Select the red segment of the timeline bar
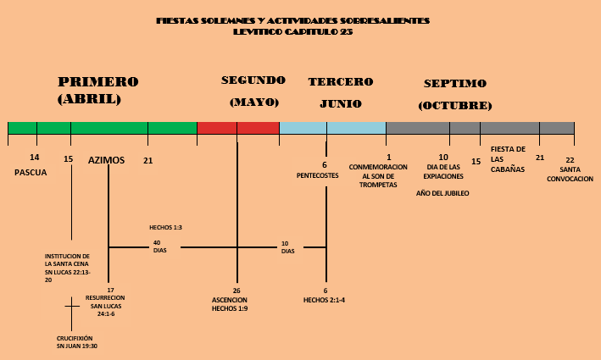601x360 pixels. pyautogui.click(x=237, y=128)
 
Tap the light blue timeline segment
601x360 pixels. pyautogui.click(x=332, y=128)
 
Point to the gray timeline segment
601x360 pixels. pyautogui.click(x=480, y=128)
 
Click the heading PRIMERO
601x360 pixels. pyautogui.click(x=97, y=82)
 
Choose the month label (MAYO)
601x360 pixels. pyautogui.click(x=253, y=102)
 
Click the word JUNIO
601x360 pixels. pyautogui.click(x=341, y=103)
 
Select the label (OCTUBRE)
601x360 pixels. pyautogui.click(x=455, y=106)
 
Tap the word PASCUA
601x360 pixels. pyautogui.click(x=31, y=172)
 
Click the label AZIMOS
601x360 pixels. pyautogui.click(x=106, y=159)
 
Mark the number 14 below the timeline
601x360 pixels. pyautogui.click(x=34, y=158)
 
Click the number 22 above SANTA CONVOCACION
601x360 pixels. pyautogui.click(x=570, y=160)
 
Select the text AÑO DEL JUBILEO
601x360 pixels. pyautogui.click(x=442, y=193)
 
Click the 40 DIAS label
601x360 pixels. pyautogui.click(x=159, y=246)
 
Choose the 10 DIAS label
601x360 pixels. pyautogui.click(x=287, y=247)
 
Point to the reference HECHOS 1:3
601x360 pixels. pyautogui.click(x=165, y=228)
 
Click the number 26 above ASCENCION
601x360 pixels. pyautogui.click(x=237, y=291)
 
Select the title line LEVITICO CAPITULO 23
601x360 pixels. pyautogui.click(x=293, y=31)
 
